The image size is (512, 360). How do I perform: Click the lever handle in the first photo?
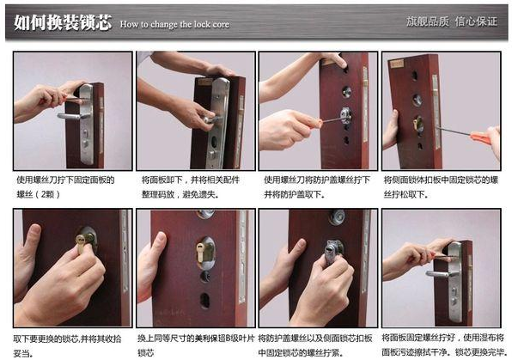point(70,113)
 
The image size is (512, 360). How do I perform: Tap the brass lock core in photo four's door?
point(418,124)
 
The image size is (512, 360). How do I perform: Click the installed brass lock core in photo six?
point(207,253)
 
